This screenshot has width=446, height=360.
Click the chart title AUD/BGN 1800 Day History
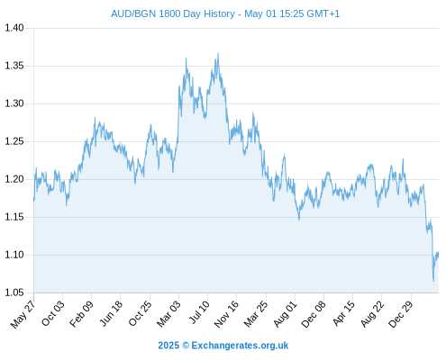click(173, 13)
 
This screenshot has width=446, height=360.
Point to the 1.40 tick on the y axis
click(14, 28)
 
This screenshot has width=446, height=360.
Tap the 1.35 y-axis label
click(14, 66)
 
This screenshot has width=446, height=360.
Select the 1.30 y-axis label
click(14, 103)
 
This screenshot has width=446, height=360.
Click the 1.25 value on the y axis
click(14, 141)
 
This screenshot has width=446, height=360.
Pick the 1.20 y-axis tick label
click(14, 179)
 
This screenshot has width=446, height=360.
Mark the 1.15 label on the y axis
click(14, 217)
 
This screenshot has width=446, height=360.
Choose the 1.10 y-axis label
click(14, 255)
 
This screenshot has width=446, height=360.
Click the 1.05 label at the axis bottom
click(14, 292)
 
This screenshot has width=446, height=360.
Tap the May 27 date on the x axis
click(23, 314)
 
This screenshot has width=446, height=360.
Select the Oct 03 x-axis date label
click(53, 313)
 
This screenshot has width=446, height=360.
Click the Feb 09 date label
click(81, 314)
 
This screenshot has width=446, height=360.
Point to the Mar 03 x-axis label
click(168, 314)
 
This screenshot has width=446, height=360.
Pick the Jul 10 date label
click(199, 312)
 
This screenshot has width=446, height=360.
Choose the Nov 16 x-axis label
click(226, 314)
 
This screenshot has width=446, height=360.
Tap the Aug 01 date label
click(285, 314)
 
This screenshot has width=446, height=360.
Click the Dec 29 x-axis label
click(401, 314)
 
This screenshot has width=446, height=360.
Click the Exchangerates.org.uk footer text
click(240, 346)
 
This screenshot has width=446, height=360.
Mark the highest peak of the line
click(218, 54)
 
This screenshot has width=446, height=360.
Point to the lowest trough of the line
click(433, 281)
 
